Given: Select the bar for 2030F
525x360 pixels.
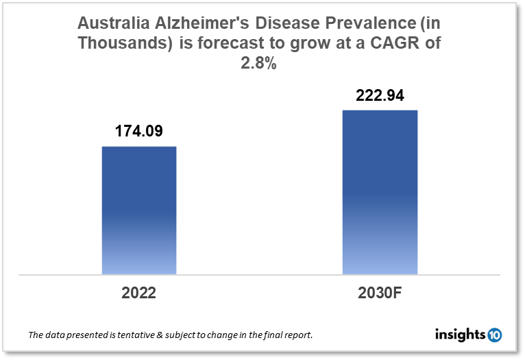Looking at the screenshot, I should [x=380, y=192].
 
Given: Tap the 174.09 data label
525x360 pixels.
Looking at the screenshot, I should [x=139, y=131].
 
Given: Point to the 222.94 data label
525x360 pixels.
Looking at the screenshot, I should [x=380, y=95].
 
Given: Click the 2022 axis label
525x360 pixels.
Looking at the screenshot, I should [x=139, y=293].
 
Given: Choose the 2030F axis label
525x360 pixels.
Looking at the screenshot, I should [x=380, y=293].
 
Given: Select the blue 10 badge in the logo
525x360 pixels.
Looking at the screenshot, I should [x=494, y=335].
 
